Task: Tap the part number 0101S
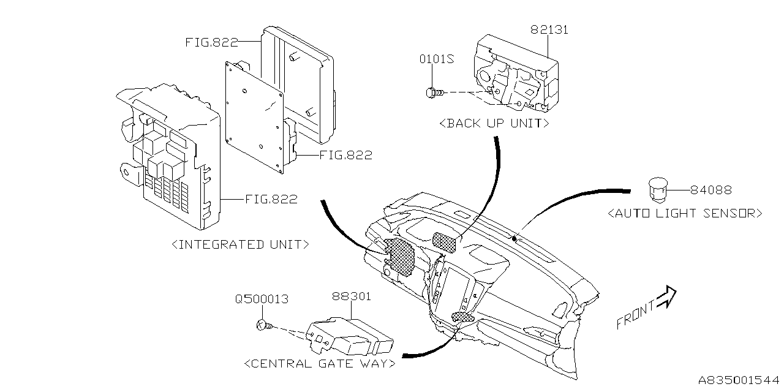click(436, 59)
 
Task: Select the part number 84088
click(710, 190)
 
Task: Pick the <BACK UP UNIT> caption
click(494, 123)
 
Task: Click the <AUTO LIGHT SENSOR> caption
click(685, 213)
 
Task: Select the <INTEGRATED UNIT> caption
click(241, 244)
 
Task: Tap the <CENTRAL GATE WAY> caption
click(319, 364)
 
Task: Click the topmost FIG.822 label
click(211, 42)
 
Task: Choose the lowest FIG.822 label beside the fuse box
click(271, 199)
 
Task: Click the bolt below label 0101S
click(431, 92)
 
